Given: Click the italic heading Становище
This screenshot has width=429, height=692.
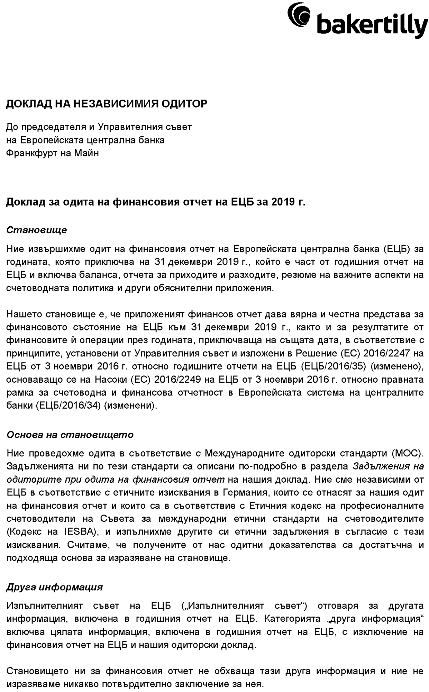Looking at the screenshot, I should pyautogui.click(x=37, y=230).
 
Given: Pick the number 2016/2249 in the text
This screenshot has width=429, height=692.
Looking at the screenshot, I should pyautogui.click(x=177, y=380).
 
